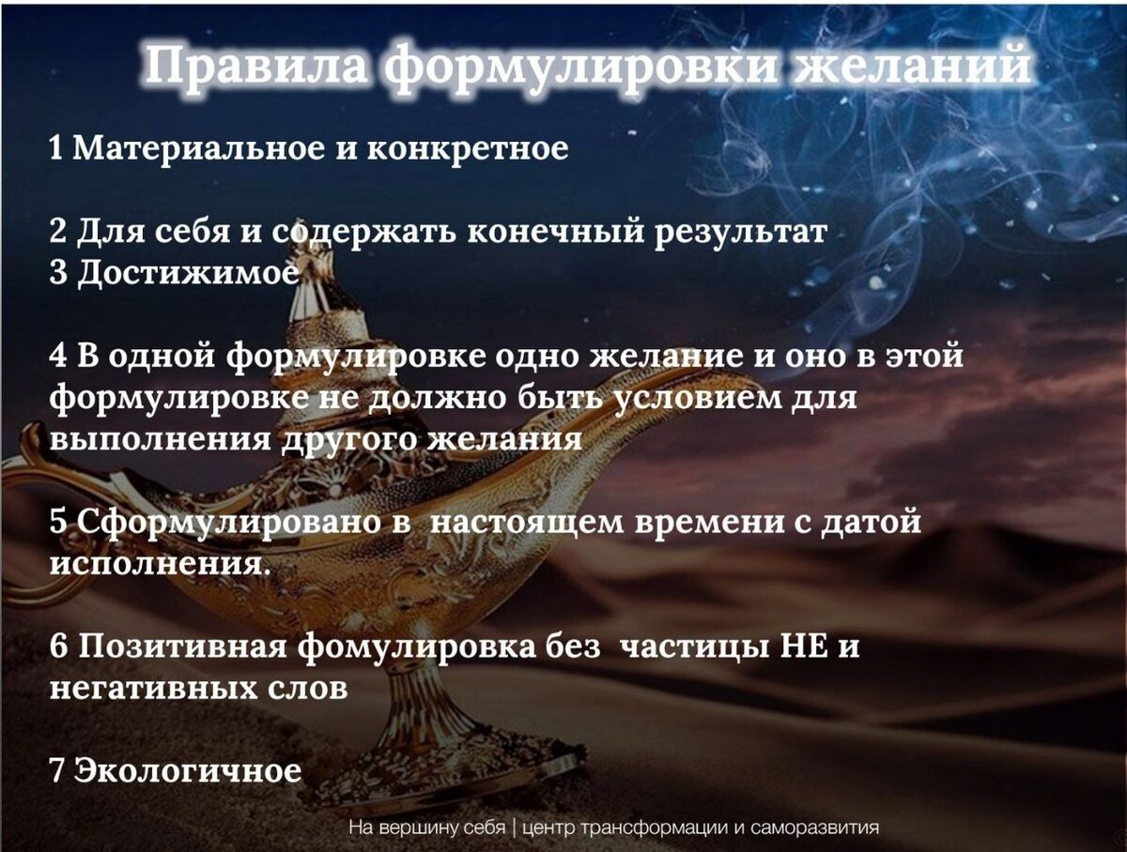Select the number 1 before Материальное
click(56, 148)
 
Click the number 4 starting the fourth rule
click(58, 357)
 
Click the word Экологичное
click(187, 770)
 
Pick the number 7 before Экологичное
click(57, 770)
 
